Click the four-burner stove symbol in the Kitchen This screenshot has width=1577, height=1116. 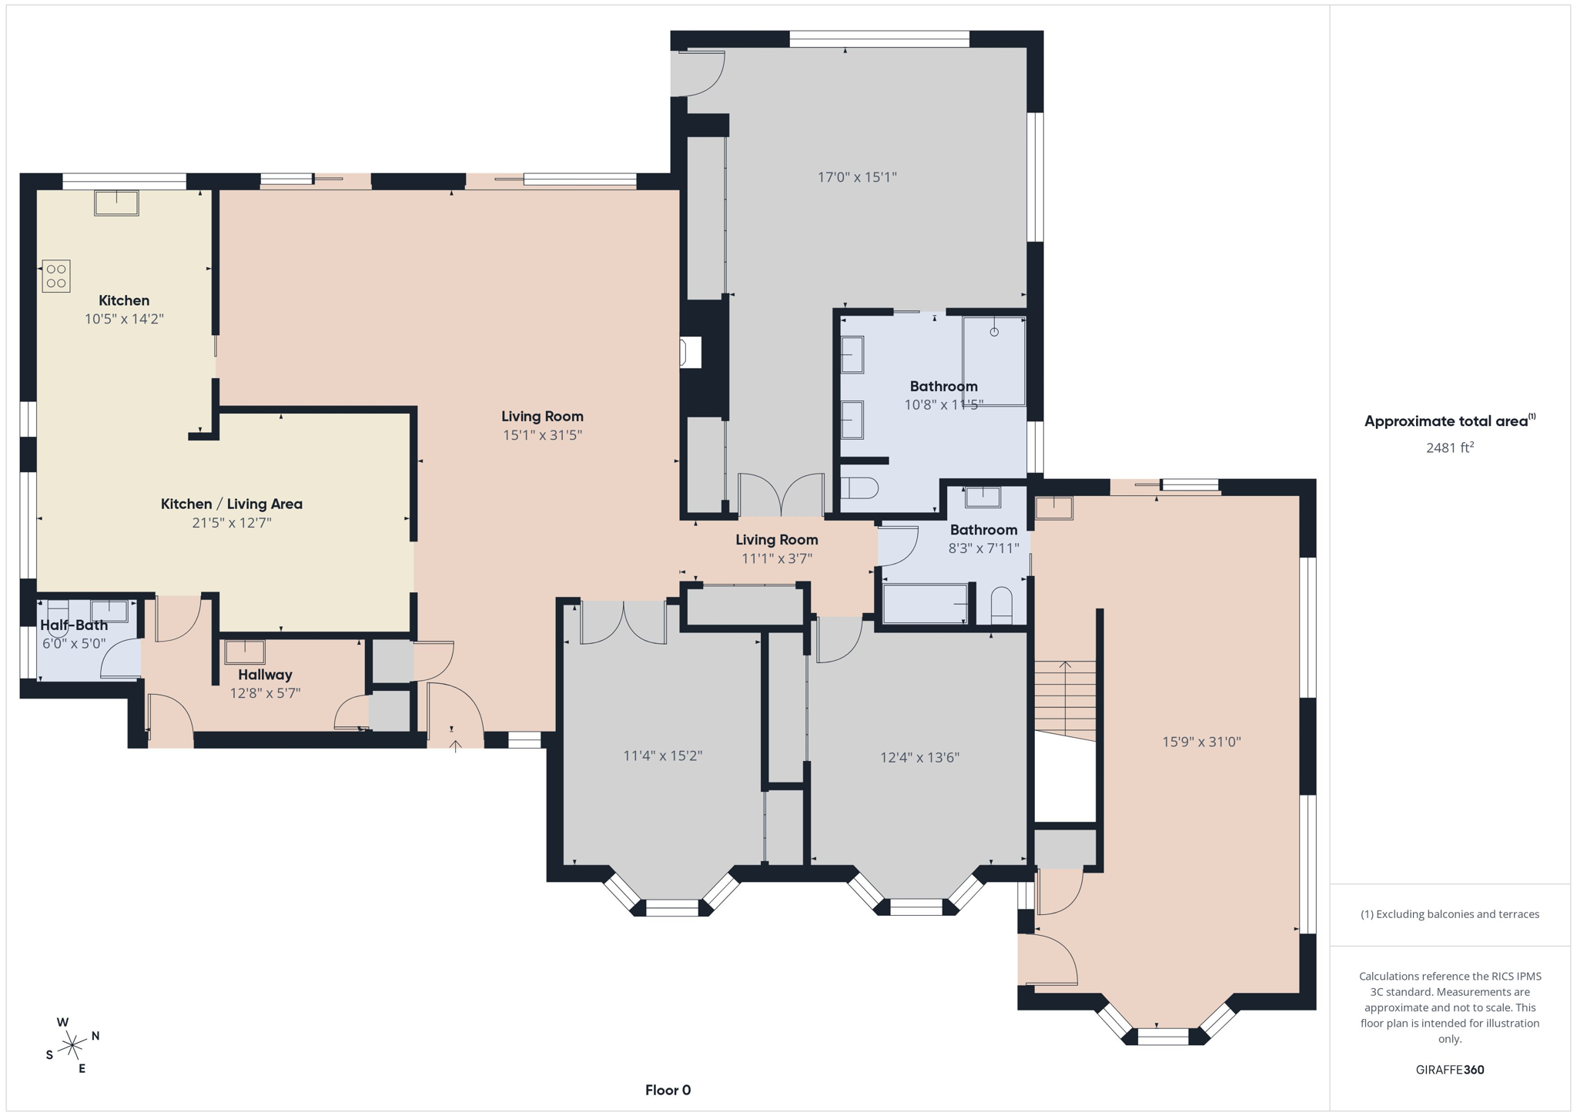pos(56,276)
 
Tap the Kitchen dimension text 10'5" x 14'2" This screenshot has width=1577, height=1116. pos(124,319)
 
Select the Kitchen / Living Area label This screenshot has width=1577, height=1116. pos(231,504)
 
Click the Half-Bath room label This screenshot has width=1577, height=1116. pos(74,625)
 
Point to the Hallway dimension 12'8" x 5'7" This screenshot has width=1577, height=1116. pos(265,692)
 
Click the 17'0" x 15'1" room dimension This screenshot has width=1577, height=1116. pos(857,177)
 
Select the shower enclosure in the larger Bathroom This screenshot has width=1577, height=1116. pos(993,360)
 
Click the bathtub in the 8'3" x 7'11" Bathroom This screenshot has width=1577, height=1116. pos(925,603)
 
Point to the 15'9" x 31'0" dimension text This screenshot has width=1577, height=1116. pos(1201,742)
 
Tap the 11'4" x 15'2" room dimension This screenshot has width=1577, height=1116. pos(662,756)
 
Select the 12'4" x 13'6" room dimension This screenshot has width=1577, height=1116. pos(919,757)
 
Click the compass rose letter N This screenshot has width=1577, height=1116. pos(95,1036)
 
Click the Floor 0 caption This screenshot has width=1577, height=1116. pos(668,1090)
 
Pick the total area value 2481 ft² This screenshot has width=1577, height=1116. pos(1449,447)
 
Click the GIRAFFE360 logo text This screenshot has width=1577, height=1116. pos(1449,1070)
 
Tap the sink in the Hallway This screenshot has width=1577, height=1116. pos(245,652)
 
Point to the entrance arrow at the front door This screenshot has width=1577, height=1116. pos(456,745)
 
